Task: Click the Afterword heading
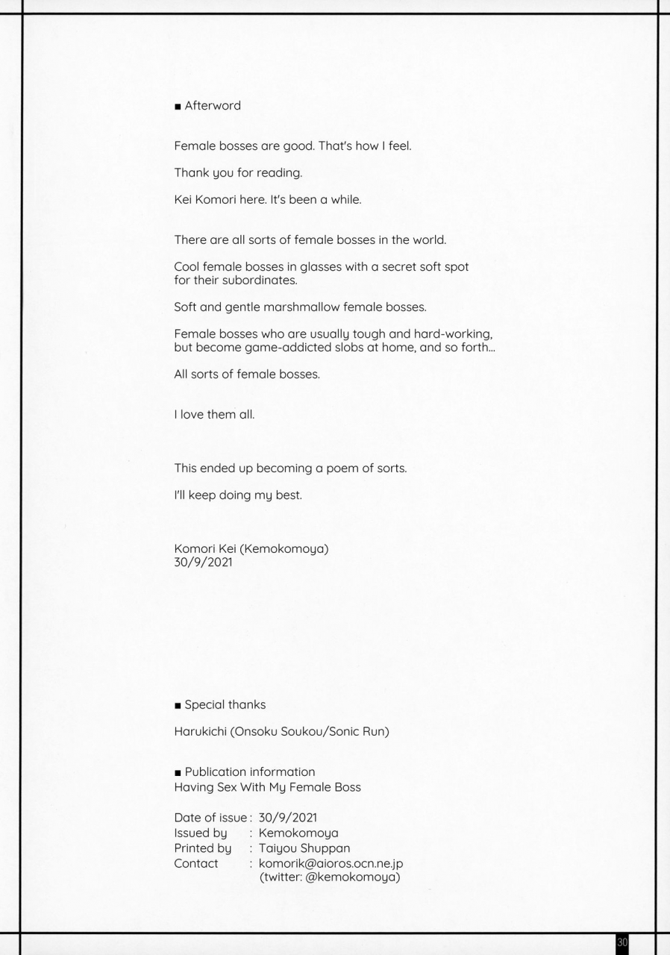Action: tap(212, 106)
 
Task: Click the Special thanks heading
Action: tap(224, 704)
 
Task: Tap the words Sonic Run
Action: tap(361, 732)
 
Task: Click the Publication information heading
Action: tap(249, 771)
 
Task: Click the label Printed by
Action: tap(202, 848)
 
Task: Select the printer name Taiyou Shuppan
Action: tap(304, 848)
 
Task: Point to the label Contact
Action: tap(196, 863)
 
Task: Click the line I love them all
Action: tap(214, 415)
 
